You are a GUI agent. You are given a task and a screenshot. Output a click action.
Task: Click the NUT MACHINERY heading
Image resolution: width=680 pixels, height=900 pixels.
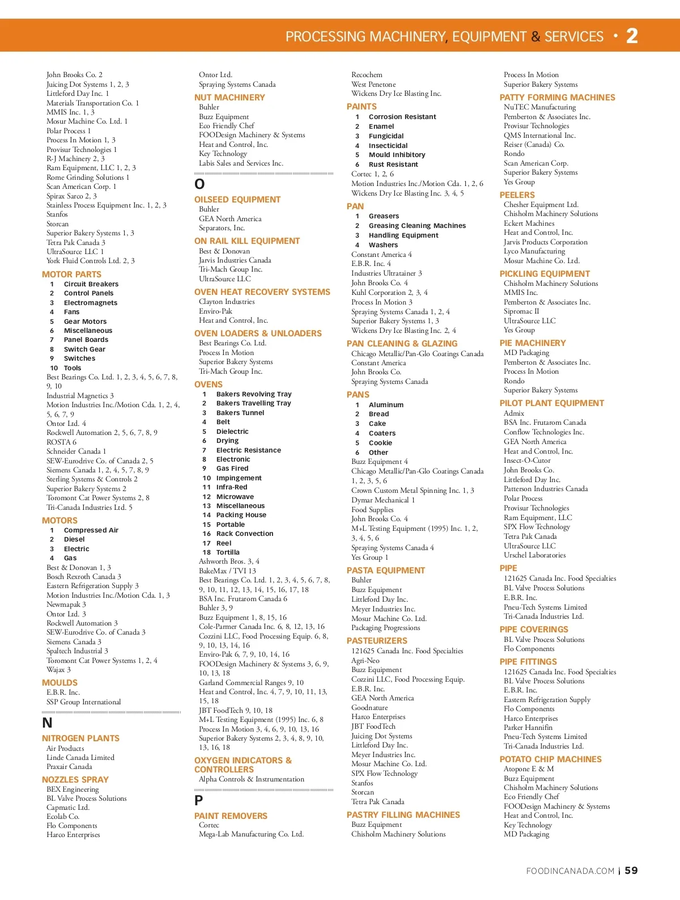pyautogui.click(x=229, y=98)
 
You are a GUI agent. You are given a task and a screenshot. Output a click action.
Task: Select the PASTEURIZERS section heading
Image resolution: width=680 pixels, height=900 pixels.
pyautogui.click(x=377, y=641)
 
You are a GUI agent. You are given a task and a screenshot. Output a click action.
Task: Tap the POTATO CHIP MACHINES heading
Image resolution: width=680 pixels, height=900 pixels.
pyautogui.click(x=550, y=759)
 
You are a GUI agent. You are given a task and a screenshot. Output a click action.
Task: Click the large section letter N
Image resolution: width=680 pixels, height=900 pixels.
pyautogui.click(x=48, y=723)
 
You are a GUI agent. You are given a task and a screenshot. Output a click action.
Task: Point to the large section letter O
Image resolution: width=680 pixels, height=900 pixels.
pyautogui.click(x=199, y=184)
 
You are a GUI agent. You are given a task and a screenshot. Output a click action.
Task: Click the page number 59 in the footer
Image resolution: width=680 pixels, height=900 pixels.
pyautogui.click(x=631, y=871)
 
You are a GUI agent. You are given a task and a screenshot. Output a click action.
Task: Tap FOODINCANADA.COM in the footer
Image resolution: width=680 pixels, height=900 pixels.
pyautogui.click(x=570, y=871)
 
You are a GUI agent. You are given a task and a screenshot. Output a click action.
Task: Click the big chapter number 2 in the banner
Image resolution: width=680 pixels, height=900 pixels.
pyautogui.click(x=632, y=36)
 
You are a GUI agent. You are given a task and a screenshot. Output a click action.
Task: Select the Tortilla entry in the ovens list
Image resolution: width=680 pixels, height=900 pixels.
pyautogui.click(x=228, y=552)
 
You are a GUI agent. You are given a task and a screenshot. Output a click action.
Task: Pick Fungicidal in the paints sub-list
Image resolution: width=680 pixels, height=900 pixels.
pyautogui.click(x=386, y=136)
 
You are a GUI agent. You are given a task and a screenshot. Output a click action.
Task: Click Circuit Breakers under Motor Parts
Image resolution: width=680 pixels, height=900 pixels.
pyautogui.click(x=91, y=284)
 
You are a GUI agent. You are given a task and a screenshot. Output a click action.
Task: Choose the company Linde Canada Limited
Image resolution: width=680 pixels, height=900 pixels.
pyautogui.click(x=80, y=758)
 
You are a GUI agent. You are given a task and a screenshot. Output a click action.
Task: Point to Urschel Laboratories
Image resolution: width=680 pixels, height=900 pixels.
pyautogui.click(x=534, y=555)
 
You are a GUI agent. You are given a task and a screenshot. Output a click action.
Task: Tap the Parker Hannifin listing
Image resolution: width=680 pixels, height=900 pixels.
pyautogui.click(x=528, y=728)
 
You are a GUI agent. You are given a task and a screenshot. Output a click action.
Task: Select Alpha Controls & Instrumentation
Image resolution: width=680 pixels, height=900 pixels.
pyautogui.click(x=251, y=779)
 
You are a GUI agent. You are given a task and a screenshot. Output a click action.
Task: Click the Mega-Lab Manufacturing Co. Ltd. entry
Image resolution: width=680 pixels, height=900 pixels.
pyautogui.click(x=251, y=834)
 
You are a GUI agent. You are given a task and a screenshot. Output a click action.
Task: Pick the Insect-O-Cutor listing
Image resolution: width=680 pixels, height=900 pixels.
pyautogui.click(x=527, y=460)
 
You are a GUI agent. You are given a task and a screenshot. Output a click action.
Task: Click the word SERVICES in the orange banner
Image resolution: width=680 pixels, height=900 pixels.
pyautogui.click(x=574, y=37)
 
